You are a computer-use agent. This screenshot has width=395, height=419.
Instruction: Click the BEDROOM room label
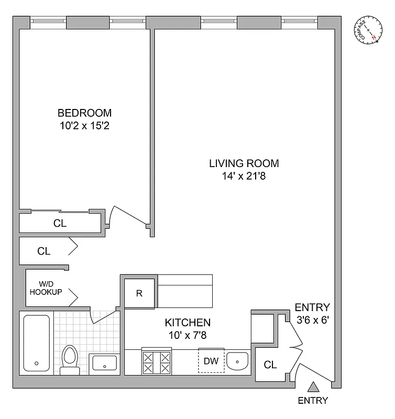click(x=84, y=113)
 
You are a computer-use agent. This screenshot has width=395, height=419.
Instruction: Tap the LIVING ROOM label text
click(x=244, y=163)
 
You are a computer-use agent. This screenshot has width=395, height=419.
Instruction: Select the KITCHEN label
click(x=188, y=323)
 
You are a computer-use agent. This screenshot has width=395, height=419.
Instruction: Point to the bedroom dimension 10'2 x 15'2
click(x=84, y=126)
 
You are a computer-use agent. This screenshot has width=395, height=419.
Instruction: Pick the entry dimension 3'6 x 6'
click(x=312, y=321)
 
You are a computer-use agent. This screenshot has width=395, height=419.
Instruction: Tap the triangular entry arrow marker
click(x=313, y=388)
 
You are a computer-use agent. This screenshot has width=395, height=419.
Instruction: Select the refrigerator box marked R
click(x=139, y=293)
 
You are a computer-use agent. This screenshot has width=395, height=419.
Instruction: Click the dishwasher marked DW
click(x=211, y=361)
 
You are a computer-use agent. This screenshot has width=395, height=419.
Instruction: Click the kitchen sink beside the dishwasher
click(x=239, y=361)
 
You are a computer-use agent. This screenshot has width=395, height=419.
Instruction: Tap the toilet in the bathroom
click(x=69, y=360)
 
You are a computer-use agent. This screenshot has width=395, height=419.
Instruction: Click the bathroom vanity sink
click(x=104, y=362)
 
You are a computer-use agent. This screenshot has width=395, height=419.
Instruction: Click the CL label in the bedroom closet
click(x=60, y=223)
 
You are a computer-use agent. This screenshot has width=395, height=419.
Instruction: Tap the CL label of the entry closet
click(x=270, y=365)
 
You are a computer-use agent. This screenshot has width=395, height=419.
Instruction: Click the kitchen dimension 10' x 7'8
click(x=188, y=336)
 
